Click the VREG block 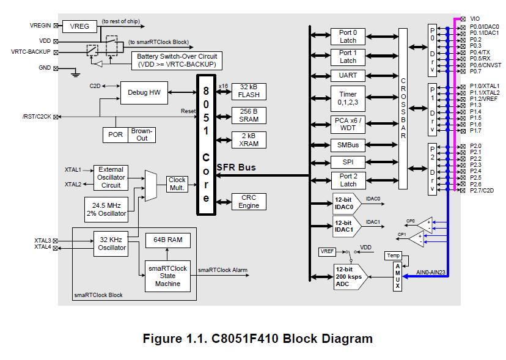coord(80,26)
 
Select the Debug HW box coord(144,93)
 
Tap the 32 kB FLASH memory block coord(249,90)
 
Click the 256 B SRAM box coord(249,115)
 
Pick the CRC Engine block coord(249,202)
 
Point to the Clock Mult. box coord(177,184)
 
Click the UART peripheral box coord(348,75)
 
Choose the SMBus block coord(348,145)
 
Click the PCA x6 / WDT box coord(348,124)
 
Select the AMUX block coord(397,276)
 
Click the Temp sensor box coord(393,255)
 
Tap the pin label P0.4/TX coord(481,52)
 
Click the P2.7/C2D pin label coord(482,191)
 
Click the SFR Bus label coord(237,167)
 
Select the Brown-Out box coord(142,134)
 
